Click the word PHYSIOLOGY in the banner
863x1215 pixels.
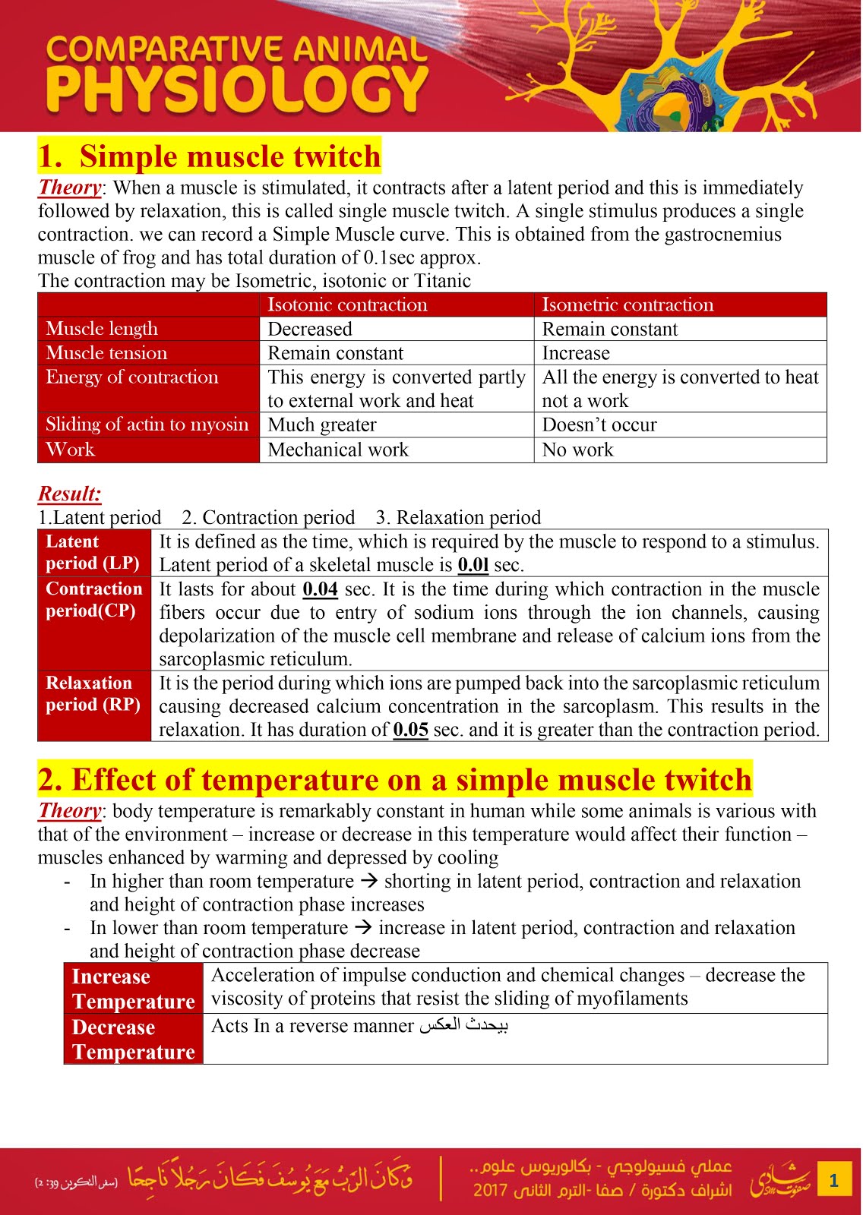click(237, 90)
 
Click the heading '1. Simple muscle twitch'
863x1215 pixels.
click(210, 156)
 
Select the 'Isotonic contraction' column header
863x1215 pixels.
click(347, 305)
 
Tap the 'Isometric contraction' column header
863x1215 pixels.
click(627, 305)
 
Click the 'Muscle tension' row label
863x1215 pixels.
click(106, 353)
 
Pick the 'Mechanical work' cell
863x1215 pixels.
click(338, 450)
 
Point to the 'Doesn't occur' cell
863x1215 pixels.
click(599, 425)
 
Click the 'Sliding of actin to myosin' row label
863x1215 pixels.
click(147, 424)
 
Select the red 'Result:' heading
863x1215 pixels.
click(70, 494)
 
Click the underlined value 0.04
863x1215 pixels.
click(320, 589)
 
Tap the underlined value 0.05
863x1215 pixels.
click(410, 730)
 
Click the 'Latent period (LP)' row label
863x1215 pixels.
click(93, 552)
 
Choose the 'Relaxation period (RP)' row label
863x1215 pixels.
click(93, 693)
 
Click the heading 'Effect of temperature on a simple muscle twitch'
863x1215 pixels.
click(395, 780)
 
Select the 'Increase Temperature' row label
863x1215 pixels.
click(133, 989)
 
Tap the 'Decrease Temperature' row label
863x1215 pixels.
click(133, 1039)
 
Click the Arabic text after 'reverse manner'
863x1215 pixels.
click(463, 1025)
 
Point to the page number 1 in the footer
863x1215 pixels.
click(833, 1179)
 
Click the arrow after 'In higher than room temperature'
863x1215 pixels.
click(368, 882)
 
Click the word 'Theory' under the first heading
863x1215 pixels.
click(70, 188)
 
